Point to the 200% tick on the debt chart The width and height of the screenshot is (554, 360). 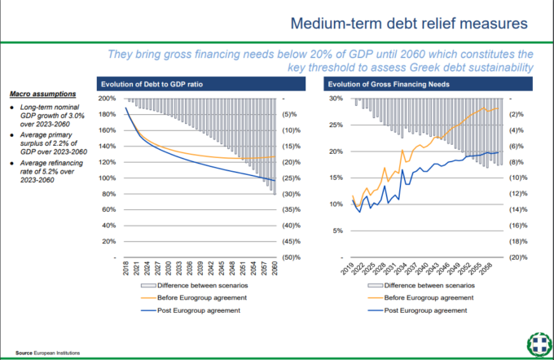point(106,99)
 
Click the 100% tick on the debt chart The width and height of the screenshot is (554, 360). point(106,178)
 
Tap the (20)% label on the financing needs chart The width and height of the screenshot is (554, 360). point(519,257)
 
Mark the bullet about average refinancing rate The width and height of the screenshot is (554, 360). point(49,169)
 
